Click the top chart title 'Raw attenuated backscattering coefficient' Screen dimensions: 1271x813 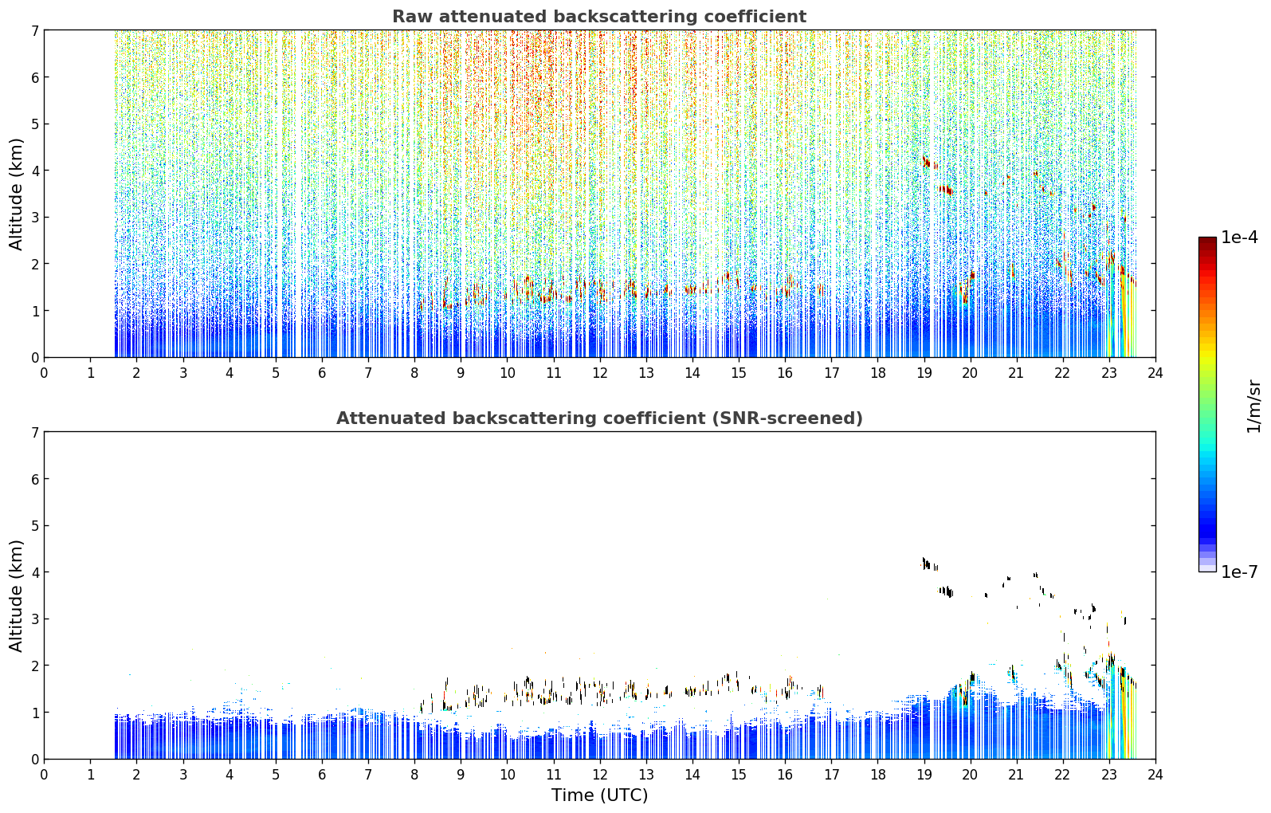[599, 17]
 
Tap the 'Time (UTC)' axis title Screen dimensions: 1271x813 [599, 795]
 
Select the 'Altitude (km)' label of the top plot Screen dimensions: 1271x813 [16, 194]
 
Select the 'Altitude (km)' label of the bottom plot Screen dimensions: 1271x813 [16, 596]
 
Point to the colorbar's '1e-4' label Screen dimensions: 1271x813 [1239, 238]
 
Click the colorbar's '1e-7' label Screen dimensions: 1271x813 [1239, 571]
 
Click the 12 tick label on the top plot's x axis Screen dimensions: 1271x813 [600, 373]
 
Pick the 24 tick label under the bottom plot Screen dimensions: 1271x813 [1155, 775]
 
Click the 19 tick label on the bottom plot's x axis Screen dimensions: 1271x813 [924, 775]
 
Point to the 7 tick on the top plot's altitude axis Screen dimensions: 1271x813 [34, 30]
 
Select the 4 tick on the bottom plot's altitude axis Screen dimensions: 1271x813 [34, 572]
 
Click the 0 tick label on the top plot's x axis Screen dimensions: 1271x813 [45, 373]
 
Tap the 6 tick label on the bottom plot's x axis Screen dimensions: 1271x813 [322, 775]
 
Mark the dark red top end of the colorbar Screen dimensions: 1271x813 [1207, 240]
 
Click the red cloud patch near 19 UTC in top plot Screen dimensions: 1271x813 [927, 163]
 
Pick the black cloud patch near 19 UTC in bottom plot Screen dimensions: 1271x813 [927, 564]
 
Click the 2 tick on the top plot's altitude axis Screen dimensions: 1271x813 [34, 264]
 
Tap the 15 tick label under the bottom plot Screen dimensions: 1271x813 [738, 775]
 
